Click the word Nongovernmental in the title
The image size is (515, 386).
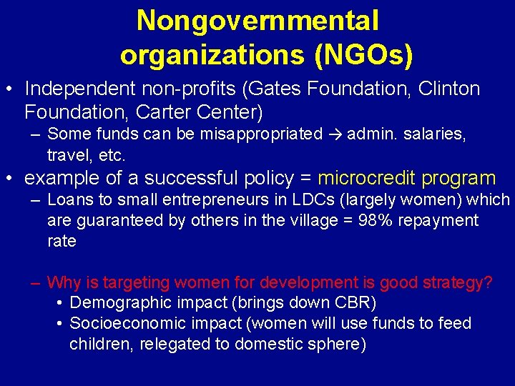257,21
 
